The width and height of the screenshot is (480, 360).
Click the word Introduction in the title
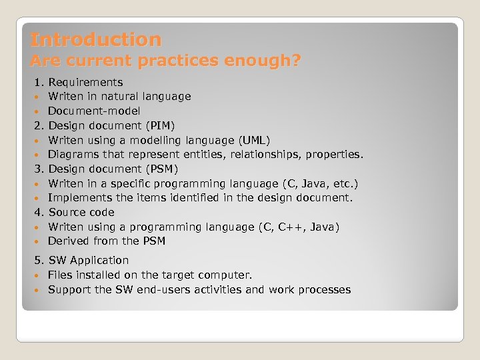click(x=96, y=40)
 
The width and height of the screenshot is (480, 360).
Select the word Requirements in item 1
click(x=85, y=83)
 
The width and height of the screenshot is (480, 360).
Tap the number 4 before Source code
click(x=38, y=213)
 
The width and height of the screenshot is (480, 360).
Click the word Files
click(x=60, y=275)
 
